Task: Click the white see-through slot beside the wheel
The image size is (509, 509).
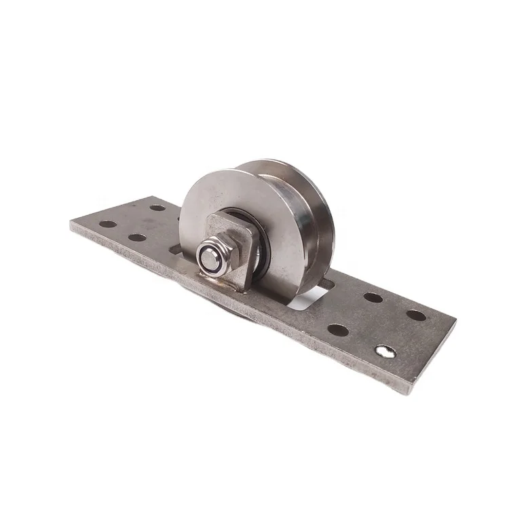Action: [312, 299]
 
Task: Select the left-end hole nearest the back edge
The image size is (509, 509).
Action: [157, 207]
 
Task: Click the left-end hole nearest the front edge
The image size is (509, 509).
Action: [136, 238]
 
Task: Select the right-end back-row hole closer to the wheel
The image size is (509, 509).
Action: [371, 297]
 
